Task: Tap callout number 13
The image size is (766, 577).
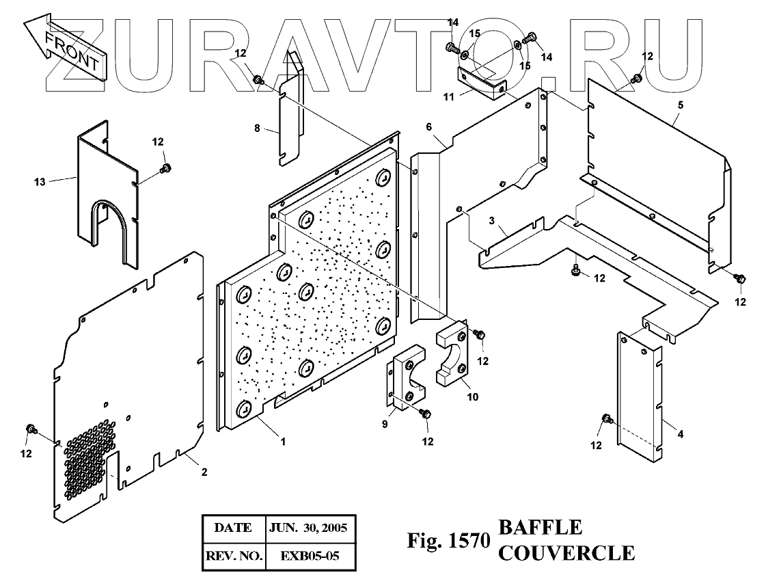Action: [40, 180]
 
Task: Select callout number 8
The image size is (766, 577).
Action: [256, 129]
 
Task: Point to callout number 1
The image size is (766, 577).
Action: [282, 442]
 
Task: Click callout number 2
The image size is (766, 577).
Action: [204, 472]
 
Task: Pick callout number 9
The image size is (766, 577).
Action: [385, 425]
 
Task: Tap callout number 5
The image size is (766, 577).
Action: [680, 105]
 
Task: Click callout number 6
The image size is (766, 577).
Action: [428, 126]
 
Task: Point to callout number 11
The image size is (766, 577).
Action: [449, 98]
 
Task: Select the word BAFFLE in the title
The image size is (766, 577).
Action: [541, 528]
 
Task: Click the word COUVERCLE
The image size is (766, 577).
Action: [566, 552]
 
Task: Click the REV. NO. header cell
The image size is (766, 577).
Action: [234, 556]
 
